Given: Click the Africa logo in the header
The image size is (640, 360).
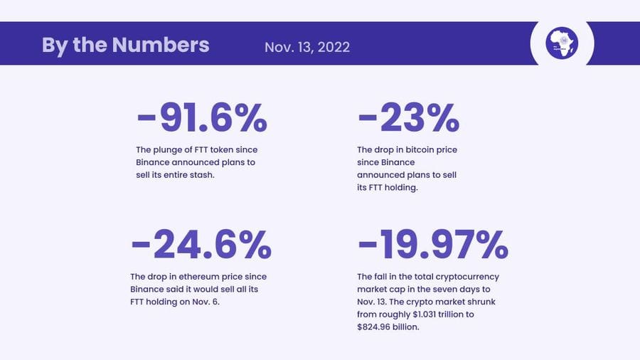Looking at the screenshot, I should (x=562, y=43).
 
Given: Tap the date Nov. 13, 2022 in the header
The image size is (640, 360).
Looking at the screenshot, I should (x=307, y=47).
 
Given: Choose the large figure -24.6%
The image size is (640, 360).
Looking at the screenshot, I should (x=201, y=244).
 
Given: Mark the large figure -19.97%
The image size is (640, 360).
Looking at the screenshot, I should (x=432, y=244).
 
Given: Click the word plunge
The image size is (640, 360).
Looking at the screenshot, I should (x=167, y=149).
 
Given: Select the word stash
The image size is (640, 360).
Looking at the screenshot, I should (x=201, y=175).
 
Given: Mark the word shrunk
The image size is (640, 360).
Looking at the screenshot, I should (x=470, y=302).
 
